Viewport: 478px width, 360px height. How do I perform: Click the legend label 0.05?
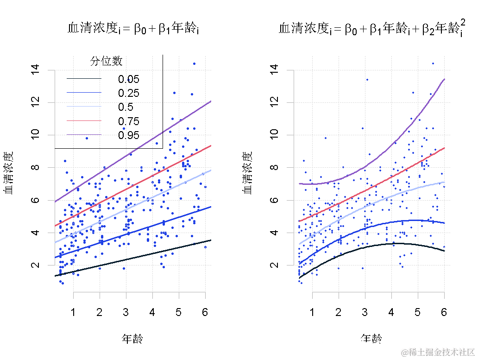click(x=128, y=79)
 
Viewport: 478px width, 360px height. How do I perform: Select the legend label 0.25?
click(x=128, y=93)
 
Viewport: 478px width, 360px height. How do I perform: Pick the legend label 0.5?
click(x=126, y=107)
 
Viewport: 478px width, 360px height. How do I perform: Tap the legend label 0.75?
click(x=128, y=121)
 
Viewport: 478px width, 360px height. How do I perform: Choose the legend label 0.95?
click(x=128, y=135)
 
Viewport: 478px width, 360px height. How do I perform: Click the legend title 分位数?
click(x=106, y=61)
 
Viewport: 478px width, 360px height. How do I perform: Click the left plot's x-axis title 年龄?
click(x=132, y=339)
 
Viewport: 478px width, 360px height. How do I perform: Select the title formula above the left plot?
click(x=134, y=29)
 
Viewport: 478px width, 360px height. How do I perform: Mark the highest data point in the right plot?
click(x=433, y=63)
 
